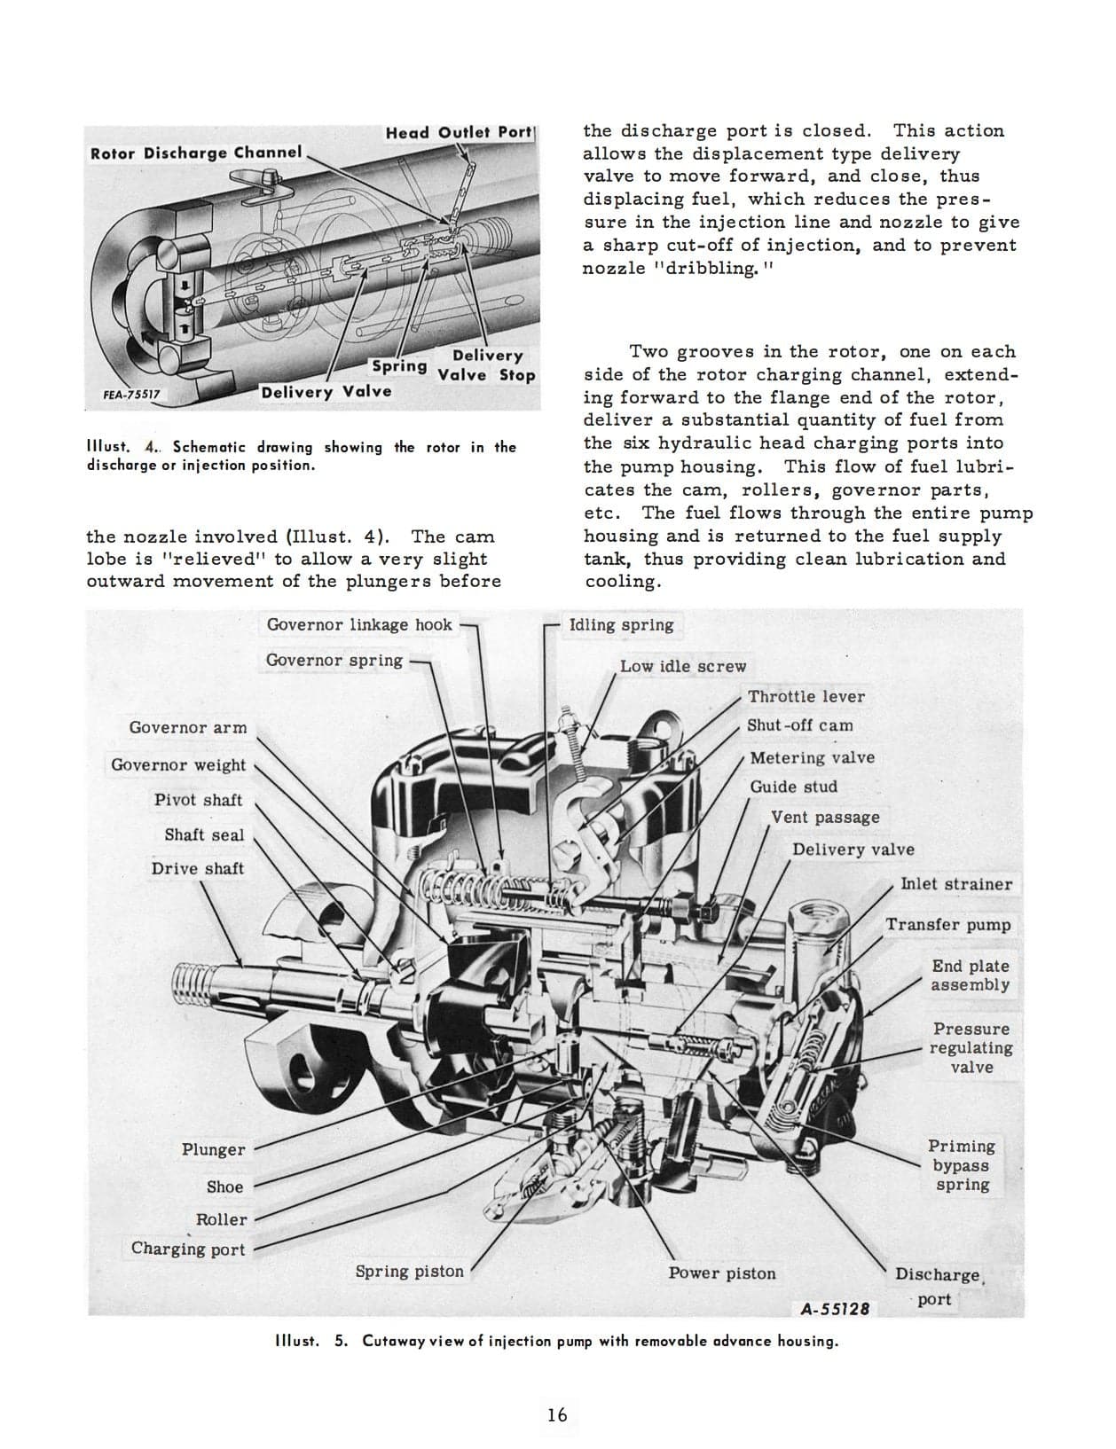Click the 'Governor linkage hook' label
pos(359,624)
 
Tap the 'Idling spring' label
pos(621,624)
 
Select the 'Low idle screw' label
pos(682,666)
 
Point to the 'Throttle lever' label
pos(806,696)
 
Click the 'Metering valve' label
pos(812,757)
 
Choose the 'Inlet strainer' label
pos(955,883)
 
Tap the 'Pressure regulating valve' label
pos(971,1047)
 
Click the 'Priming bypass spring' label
pos(962,1165)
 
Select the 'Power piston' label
pos(721,1273)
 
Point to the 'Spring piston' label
pos(409,1271)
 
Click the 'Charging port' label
pos(188,1249)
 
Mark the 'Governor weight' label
pos(178,764)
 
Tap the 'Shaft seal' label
pos(203,834)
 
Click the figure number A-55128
pos(834,1308)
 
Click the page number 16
pos(557,1414)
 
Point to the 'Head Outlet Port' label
pos(458,132)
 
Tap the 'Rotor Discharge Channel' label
pos(196,153)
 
